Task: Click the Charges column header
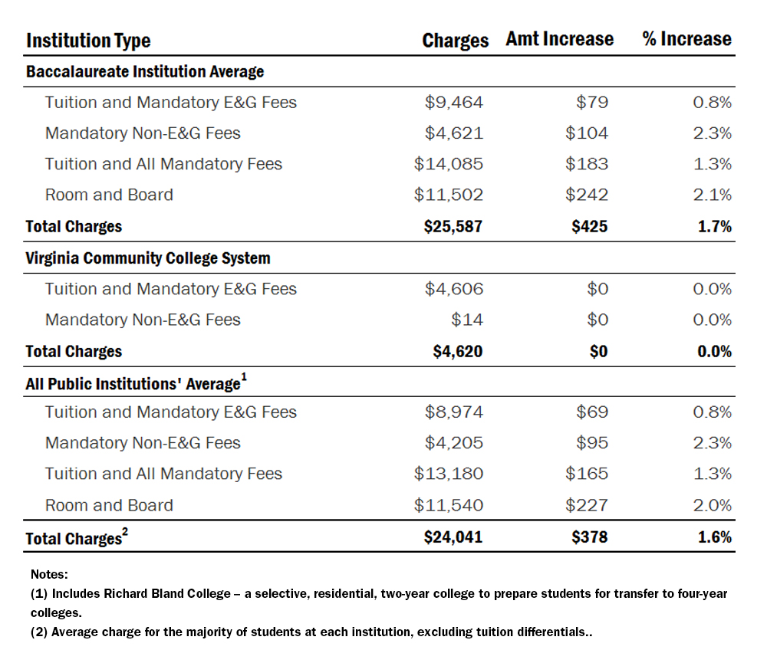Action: pos(455,40)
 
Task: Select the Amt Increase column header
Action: pos(559,39)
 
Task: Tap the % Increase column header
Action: pos(686,39)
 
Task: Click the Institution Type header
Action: pos(88,41)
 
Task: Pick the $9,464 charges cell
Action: pos(454,102)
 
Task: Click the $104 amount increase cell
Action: pos(586,133)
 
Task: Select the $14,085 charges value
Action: pos(449,164)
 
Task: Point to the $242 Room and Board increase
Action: pos(586,195)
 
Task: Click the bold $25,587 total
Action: pos(453,226)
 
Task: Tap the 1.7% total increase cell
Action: pos(714,226)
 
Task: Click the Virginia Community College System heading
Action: pos(148,258)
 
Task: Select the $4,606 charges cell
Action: pos(454,289)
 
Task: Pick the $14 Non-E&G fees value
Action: pos(467,320)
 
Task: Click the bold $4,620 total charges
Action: pos(457,351)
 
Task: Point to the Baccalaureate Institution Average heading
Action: pos(145,71)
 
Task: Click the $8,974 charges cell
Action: pos(454,412)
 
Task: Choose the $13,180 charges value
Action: pos(449,474)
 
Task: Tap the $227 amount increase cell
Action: pos(586,505)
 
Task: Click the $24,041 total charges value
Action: pos(453,537)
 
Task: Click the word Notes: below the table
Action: pos(50,573)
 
